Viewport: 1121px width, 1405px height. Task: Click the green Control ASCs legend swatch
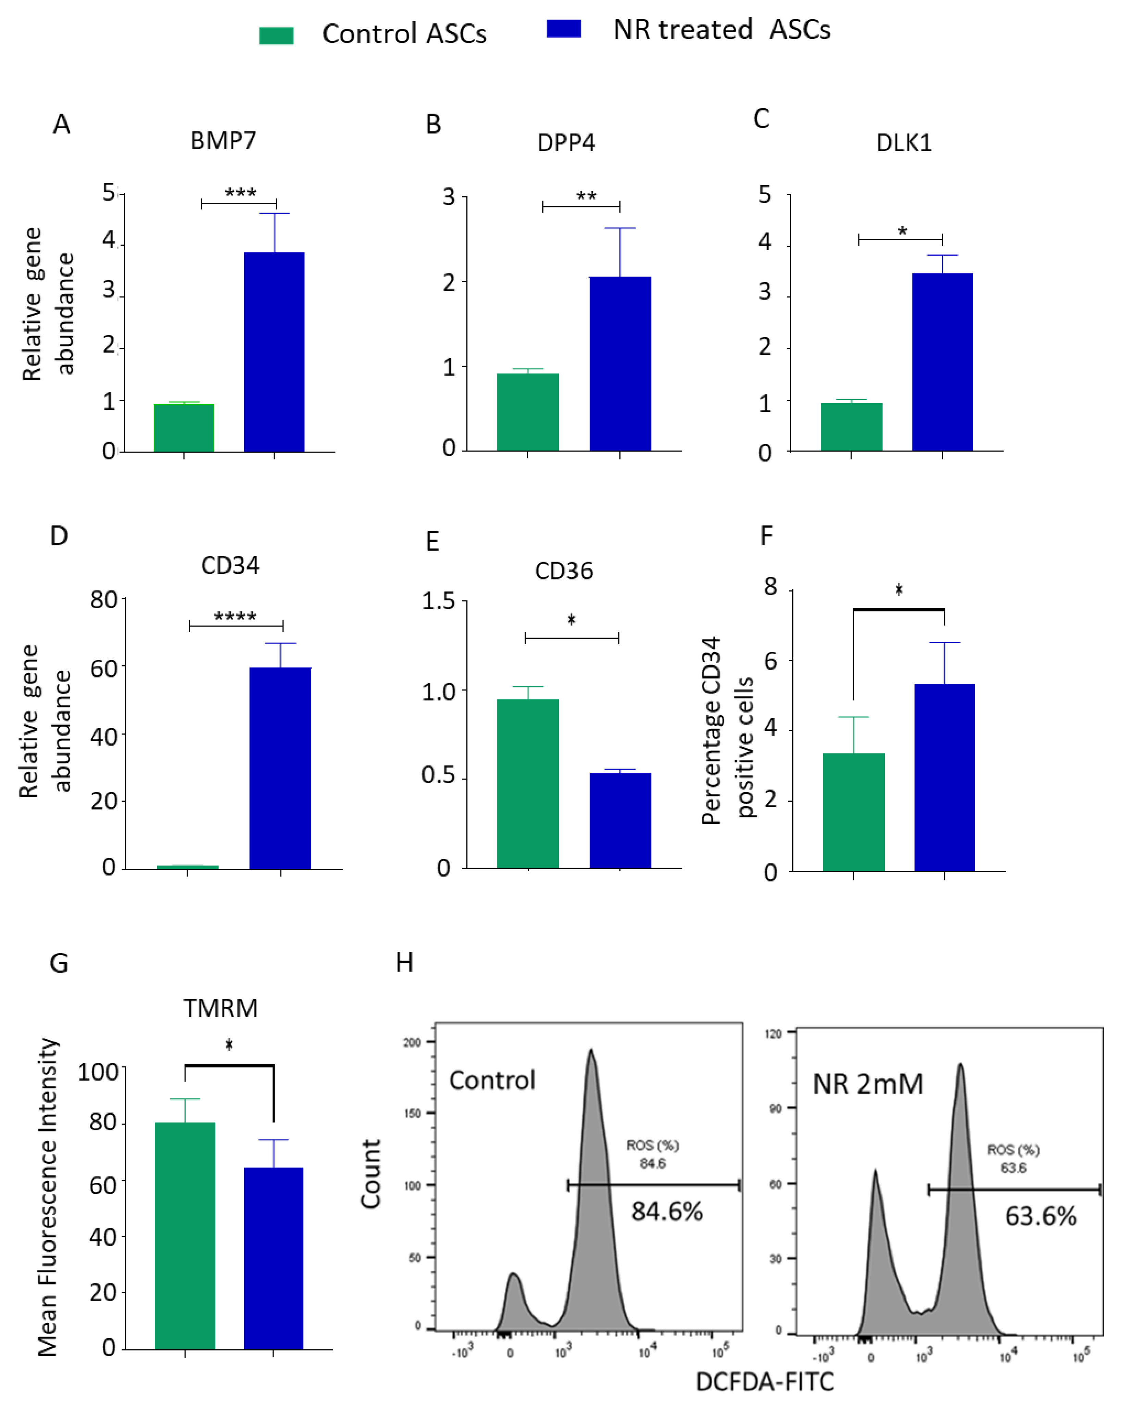click(x=276, y=35)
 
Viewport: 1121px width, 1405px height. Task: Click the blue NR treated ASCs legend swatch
click(x=564, y=29)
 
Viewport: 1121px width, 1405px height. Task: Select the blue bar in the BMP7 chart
click(x=274, y=352)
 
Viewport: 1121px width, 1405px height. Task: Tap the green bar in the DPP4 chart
click(x=528, y=412)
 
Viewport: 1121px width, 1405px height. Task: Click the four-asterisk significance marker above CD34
click(x=235, y=616)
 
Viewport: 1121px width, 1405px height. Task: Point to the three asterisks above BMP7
click(x=240, y=192)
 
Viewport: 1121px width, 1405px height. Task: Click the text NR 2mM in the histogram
click(x=868, y=1084)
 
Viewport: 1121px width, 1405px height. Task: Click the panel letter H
click(x=405, y=963)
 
